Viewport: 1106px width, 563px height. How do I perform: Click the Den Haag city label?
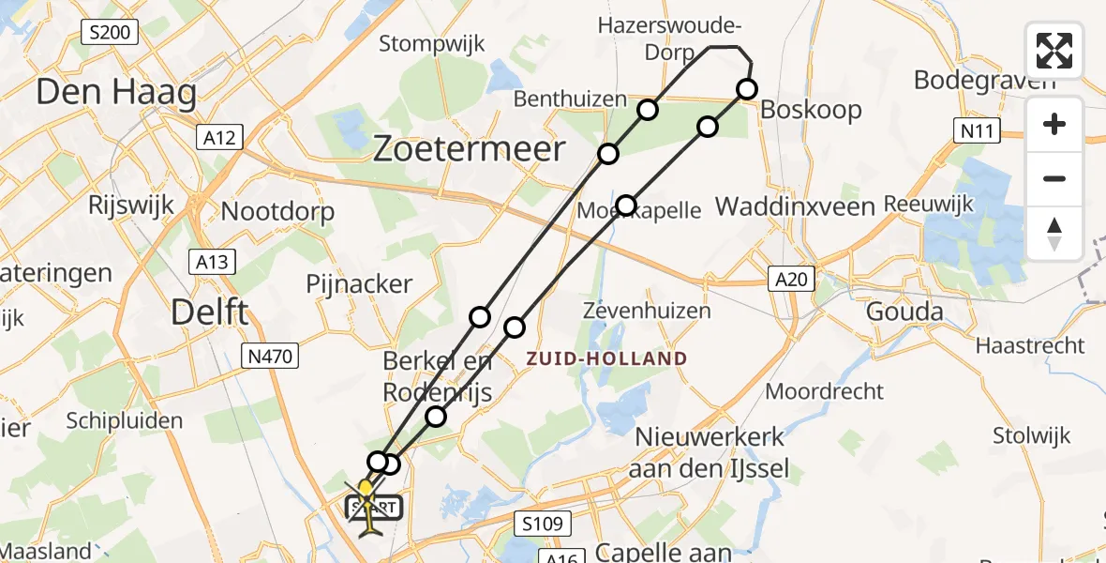click(x=117, y=93)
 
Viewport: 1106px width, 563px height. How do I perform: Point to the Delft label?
click(x=211, y=312)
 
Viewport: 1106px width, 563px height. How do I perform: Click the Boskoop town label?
click(x=811, y=110)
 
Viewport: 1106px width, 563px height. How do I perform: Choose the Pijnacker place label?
click(x=359, y=283)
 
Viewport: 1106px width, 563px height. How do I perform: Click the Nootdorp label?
click(x=277, y=211)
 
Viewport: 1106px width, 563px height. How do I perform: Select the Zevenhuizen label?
click(x=646, y=311)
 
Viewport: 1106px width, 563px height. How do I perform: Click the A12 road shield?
click(x=222, y=138)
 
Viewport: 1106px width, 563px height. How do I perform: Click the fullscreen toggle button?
click(x=1054, y=50)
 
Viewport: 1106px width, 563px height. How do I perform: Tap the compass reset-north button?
click(x=1054, y=234)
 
